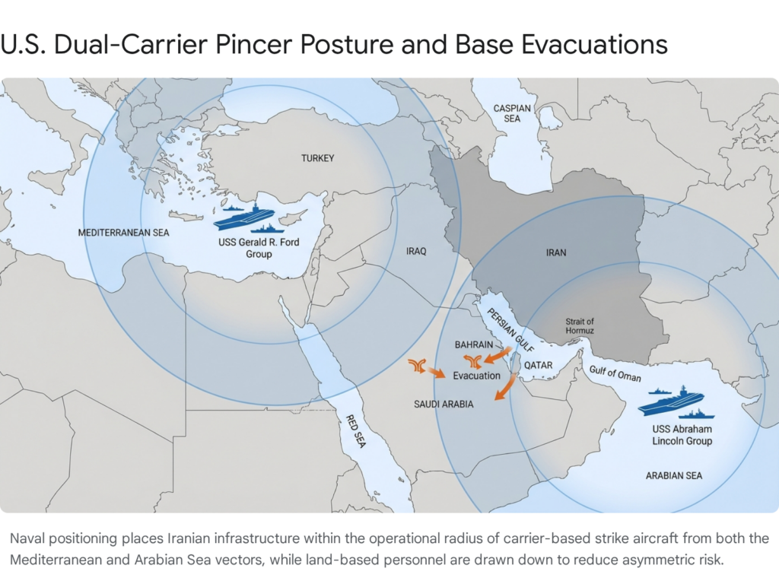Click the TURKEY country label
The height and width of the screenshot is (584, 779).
(x=317, y=158)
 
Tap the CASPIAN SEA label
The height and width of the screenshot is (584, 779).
(x=512, y=113)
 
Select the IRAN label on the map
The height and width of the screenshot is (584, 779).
(x=556, y=252)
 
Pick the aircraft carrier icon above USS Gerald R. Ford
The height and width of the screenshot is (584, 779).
(x=243, y=217)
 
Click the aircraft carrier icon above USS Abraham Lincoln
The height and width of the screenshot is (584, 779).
(x=670, y=400)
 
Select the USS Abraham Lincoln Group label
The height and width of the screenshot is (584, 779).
(x=682, y=434)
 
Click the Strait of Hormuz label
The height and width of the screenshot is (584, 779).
(x=580, y=326)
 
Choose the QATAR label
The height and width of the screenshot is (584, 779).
(x=537, y=366)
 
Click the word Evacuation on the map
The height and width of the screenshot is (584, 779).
(x=477, y=376)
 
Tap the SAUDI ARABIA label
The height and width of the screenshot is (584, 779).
(x=444, y=405)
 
